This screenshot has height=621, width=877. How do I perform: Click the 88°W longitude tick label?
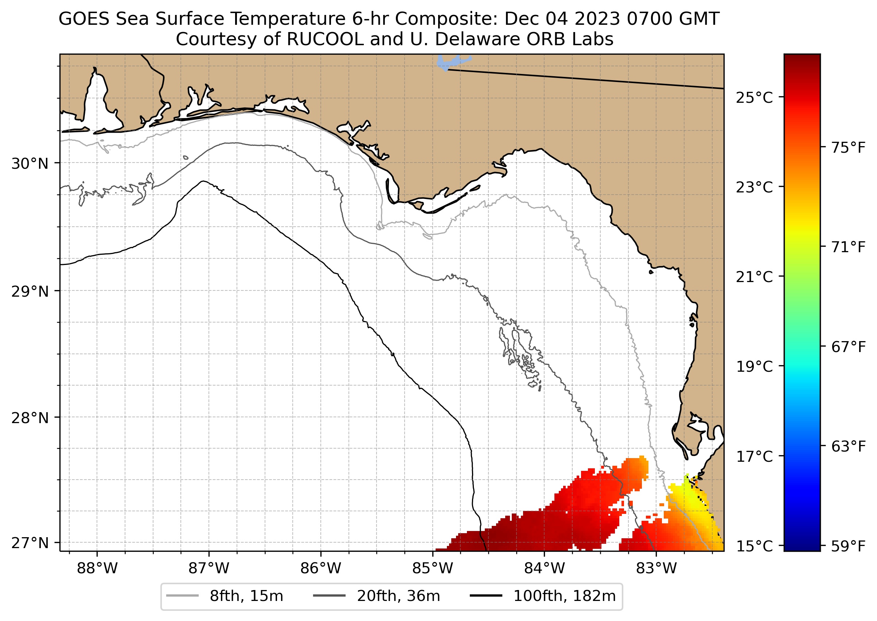(97, 569)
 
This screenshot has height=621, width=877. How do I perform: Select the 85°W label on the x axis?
(433, 569)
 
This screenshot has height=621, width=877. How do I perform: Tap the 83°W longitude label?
(656, 569)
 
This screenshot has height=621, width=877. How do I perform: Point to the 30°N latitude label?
(30, 164)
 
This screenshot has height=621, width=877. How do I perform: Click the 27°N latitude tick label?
(30, 543)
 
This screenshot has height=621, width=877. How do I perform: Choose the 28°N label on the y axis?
(30, 418)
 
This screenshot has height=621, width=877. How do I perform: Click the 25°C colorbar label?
(754, 98)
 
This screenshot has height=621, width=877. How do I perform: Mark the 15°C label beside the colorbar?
(754, 546)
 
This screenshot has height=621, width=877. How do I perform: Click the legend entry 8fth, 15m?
(246, 596)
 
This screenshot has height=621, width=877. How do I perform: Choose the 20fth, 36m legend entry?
(398, 596)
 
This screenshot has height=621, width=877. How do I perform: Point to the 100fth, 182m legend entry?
(564, 596)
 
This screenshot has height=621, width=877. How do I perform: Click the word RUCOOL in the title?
(325, 39)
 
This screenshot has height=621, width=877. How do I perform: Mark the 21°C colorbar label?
(754, 277)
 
